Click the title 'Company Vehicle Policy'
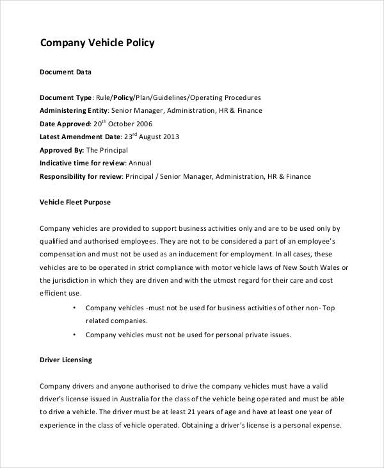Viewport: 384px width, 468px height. pyautogui.click(x=97, y=44)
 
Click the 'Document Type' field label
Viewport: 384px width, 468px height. pyautogui.click(x=66, y=98)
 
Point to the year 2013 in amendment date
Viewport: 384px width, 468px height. pyautogui.click(x=170, y=137)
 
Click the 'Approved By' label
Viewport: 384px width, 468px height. pyautogui.click(x=61, y=150)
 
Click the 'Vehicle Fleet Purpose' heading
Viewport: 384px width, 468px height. pyautogui.click(x=75, y=202)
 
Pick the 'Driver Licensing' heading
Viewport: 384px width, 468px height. pyautogui.click(x=66, y=360)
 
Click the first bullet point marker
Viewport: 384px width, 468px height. pyautogui.click(x=75, y=308)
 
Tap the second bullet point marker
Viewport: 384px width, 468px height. pyautogui.click(x=75, y=335)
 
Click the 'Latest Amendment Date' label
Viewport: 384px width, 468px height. pyautogui.click(x=80, y=137)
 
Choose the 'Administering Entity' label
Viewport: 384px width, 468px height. pyautogui.click(x=73, y=111)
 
